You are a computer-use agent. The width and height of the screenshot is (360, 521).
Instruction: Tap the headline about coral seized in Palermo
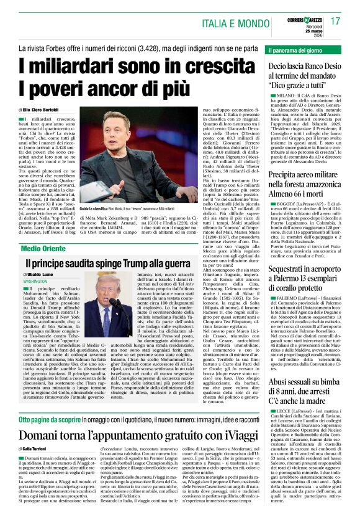(x=306, y=263)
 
